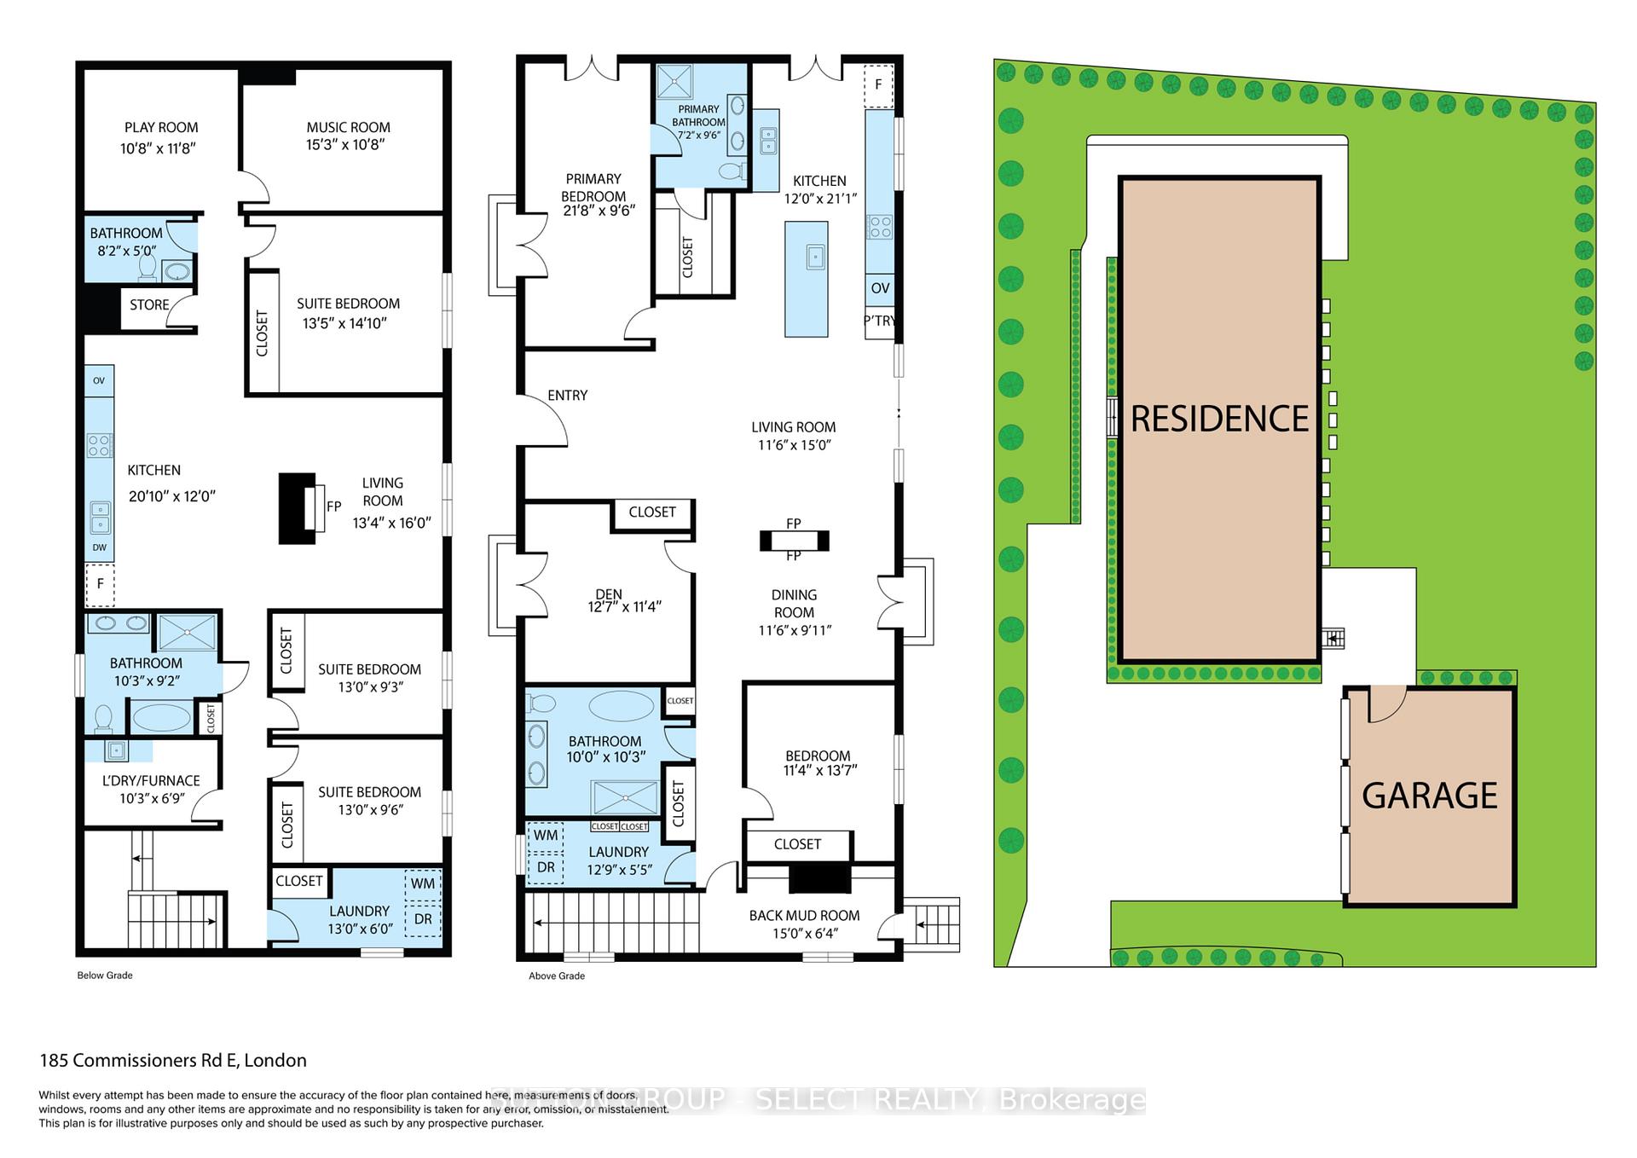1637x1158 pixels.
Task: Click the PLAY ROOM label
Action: pyautogui.click(x=160, y=128)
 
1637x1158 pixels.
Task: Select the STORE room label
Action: pyautogui.click(x=149, y=305)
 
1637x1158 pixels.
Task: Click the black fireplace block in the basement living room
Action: pyautogui.click(x=297, y=508)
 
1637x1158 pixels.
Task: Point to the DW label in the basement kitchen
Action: pyautogui.click(x=100, y=547)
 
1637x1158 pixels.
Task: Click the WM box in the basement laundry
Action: pyautogui.click(x=423, y=884)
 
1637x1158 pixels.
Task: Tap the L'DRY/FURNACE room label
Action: pyautogui.click(x=151, y=780)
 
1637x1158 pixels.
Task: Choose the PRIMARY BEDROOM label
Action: pyautogui.click(x=593, y=188)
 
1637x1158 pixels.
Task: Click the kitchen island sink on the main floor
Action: pyautogui.click(x=815, y=256)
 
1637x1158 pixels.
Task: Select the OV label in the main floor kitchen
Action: pyautogui.click(x=880, y=288)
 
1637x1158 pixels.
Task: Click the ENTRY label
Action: pyautogui.click(x=567, y=396)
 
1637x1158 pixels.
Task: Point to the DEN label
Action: pyautogui.click(x=609, y=594)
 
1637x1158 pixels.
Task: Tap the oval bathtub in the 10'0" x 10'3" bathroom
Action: pyautogui.click(x=622, y=707)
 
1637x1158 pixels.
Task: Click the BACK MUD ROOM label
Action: pyautogui.click(x=804, y=916)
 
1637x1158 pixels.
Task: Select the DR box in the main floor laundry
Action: pyautogui.click(x=546, y=867)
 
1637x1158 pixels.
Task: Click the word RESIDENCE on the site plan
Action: pyautogui.click(x=1219, y=419)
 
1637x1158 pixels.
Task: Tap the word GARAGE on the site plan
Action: pyautogui.click(x=1429, y=796)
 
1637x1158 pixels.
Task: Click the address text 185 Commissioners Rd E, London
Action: pyautogui.click(x=173, y=1061)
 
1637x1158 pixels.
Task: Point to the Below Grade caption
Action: pyautogui.click(x=105, y=976)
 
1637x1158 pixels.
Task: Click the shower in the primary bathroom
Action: pyautogui.click(x=674, y=82)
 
